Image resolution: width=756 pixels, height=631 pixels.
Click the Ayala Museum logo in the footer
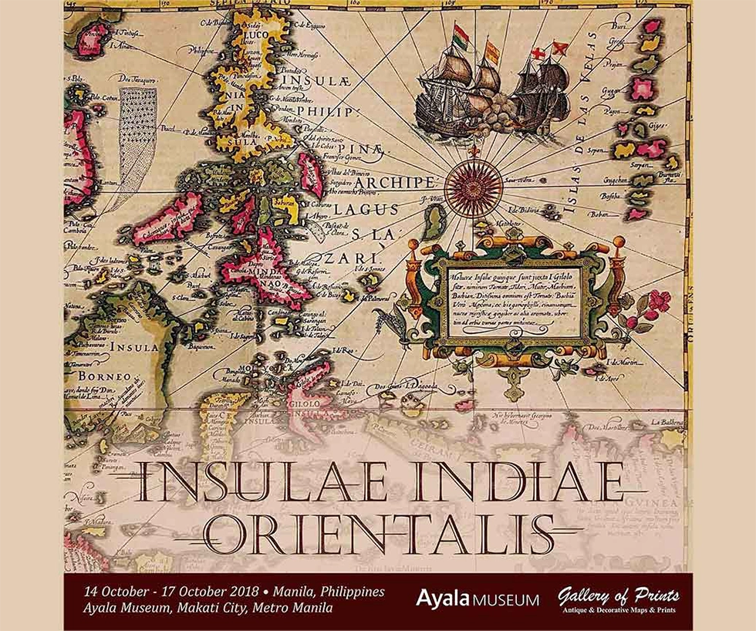(x=477, y=598)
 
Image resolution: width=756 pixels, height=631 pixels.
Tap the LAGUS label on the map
(x=373, y=209)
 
